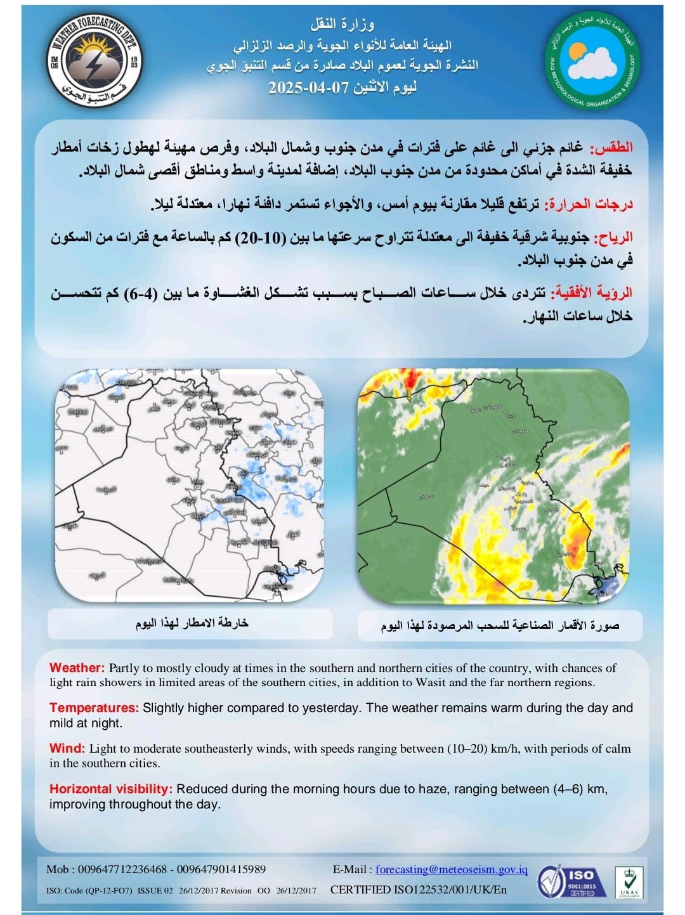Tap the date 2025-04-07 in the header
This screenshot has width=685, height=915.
click(309, 88)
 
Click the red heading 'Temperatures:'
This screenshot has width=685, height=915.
click(94, 708)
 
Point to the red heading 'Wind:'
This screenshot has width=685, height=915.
click(67, 748)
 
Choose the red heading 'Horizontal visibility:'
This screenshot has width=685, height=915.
click(111, 789)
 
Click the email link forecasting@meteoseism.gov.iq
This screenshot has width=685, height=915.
click(452, 869)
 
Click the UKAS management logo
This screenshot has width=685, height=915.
click(629, 882)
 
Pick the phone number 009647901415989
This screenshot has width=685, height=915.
click(221, 869)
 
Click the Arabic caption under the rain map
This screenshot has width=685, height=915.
click(191, 623)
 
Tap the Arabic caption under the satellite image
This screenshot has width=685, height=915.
click(500, 625)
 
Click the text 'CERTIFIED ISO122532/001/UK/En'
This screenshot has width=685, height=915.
click(419, 890)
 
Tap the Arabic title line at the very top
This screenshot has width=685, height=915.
click(342, 25)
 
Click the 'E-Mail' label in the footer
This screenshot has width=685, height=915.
click(349, 869)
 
